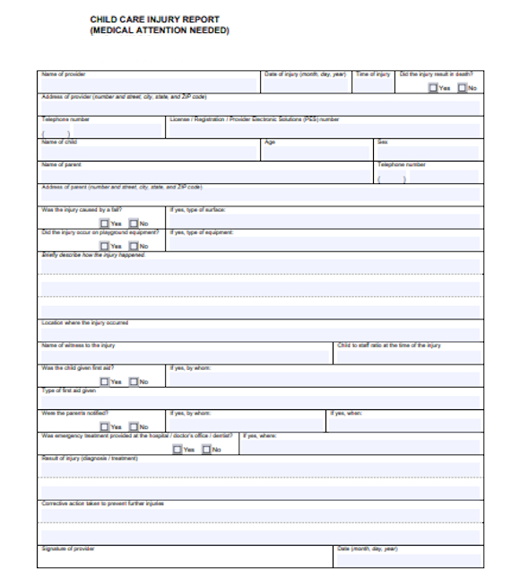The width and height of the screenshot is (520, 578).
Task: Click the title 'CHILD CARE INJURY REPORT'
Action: (x=154, y=19)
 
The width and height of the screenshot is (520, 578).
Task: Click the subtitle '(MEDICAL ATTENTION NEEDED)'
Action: (x=160, y=31)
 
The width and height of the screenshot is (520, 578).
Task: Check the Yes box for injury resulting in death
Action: (x=433, y=88)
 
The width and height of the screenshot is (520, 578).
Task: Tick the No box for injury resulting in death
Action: (x=462, y=88)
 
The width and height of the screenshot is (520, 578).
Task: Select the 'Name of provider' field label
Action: (x=64, y=74)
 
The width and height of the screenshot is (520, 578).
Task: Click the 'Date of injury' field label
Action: (x=305, y=74)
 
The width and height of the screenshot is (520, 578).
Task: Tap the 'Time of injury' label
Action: (x=373, y=74)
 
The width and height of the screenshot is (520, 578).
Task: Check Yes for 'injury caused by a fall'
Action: (x=105, y=223)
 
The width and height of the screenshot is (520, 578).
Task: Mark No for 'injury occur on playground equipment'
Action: (x=134, y=246)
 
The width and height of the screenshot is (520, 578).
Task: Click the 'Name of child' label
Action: (x=59, y=142)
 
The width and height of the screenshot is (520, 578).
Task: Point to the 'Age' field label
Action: (x=269, y=142)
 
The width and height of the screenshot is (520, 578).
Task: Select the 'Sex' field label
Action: (x=382, y=142)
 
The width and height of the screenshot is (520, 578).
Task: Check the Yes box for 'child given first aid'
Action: (x=105, y=381)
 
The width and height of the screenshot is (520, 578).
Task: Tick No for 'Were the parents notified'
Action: (x=134, y=427)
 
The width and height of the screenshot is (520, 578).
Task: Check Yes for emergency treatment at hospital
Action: (x=178, y=450)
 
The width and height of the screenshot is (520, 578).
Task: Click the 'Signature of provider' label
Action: (x=67, y=548)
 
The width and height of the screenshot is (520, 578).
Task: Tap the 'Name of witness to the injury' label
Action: (x=78, y=346)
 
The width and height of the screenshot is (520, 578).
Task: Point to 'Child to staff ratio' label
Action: (x=389, y=346)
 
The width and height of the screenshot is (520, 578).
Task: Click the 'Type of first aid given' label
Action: (x=69, y=390)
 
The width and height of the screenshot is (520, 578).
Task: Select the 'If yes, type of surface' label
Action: (x=197, y=210)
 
